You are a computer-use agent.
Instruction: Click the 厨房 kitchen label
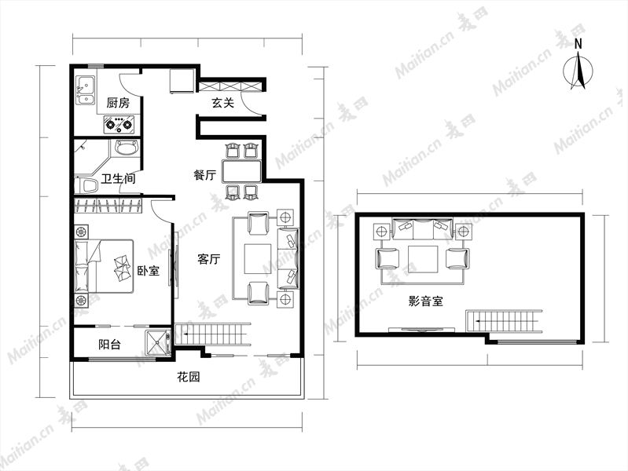pos(118,104)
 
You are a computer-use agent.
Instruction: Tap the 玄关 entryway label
pos(222,103)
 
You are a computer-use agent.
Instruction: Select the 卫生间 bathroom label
pos(118,178)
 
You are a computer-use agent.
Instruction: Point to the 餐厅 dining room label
pos(204,175)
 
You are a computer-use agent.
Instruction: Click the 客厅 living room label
pos(208,259)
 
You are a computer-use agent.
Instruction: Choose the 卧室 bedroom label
pos(149,271)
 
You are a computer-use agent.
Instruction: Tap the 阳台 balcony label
pos(109,345)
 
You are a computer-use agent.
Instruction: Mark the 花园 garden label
pos(188,377)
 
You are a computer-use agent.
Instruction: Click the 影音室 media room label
pos(426,301)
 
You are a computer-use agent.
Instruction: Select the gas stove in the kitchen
pos(119,124)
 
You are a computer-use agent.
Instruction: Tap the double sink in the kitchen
pos(86,90)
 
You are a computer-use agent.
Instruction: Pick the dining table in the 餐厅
pos(241,172)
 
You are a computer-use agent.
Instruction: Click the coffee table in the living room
pos(258,259)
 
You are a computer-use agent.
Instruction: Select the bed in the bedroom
pos(104,266)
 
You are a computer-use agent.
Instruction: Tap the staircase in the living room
pos(213,334)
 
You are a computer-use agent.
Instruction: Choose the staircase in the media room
pos(504,321)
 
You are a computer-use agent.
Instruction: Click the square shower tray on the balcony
pos(158,343)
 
